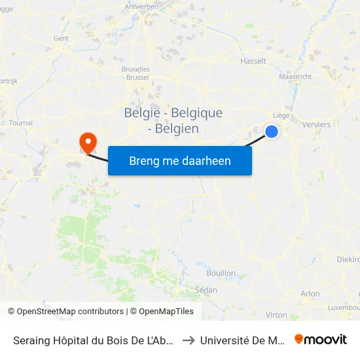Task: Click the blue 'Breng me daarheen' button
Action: (180, 160)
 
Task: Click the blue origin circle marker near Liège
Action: (272, 132)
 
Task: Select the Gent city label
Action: (61, 38)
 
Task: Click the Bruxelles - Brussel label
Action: (135, 73)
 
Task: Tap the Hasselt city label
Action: (254, 61)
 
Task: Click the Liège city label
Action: (281, 115)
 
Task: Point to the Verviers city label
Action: (317, 124)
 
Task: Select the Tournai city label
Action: (22, 122)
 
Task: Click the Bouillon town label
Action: (221, 272)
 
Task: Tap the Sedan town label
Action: (206, 289)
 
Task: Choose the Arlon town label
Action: (310, 294)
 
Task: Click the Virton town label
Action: (276, 315)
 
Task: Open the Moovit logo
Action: (321, 340)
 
